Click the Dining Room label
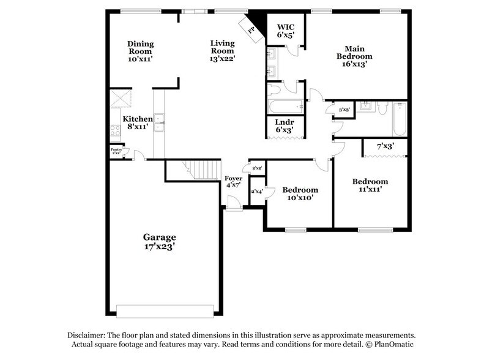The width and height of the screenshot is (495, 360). coord(140,51)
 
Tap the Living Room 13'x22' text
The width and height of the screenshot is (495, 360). coord(223,51)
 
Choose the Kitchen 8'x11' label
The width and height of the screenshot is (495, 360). coord(138,122)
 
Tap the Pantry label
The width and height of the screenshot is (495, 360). coord(116,150)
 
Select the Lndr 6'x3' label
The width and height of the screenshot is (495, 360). coord(283,126)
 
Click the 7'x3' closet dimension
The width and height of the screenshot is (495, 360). coord(384,146)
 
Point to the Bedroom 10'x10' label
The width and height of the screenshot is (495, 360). coord(300,194)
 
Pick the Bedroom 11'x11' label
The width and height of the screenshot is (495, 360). coord(370,186)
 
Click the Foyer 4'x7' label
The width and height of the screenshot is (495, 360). coord(234,181)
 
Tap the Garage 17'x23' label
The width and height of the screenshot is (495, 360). coord(160,241)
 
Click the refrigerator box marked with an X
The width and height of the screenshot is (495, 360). coord(119,99)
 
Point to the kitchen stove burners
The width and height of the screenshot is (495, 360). coord(115,130)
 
